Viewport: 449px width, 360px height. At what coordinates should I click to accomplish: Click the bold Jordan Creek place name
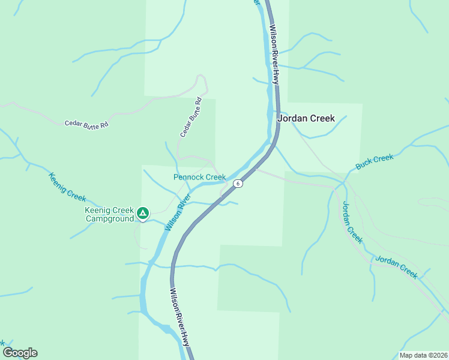(306, 118)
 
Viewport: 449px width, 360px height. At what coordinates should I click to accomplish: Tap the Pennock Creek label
(199, 177)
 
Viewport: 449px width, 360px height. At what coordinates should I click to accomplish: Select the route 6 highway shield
(238, 184)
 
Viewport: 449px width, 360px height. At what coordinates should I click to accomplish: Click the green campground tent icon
(143, 212)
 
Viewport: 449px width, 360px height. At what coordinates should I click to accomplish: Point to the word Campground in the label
(109, 219)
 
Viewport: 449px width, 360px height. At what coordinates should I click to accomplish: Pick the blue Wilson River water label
(178, 212)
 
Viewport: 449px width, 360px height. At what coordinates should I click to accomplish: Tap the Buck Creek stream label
(375, 162)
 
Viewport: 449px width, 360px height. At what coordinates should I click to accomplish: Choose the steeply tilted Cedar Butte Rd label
(190, 118)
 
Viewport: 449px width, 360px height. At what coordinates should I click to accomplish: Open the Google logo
(20, 353)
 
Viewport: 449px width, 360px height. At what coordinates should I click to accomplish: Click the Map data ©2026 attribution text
(423, 355)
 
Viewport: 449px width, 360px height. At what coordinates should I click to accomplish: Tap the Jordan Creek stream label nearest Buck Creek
(352, 221)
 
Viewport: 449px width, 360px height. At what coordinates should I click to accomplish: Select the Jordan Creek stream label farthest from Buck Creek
(396, 267)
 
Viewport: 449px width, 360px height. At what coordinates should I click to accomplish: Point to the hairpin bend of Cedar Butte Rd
(203, 77)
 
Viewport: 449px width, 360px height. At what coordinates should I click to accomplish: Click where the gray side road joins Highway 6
(256, 170)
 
